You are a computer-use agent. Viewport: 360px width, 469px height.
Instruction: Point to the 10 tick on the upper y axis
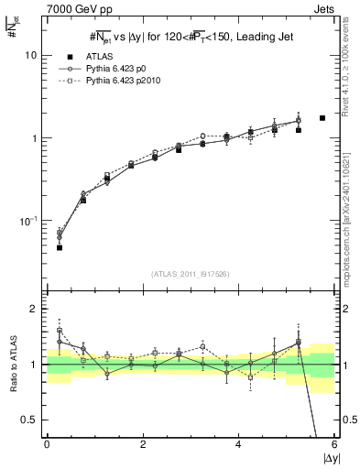point(33,55)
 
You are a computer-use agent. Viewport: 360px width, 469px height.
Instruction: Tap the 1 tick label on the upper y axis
point(36,138)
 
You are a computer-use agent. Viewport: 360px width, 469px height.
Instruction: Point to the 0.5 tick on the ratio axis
point(32,420)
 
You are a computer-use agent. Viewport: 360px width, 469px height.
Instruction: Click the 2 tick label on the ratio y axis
point(36,309)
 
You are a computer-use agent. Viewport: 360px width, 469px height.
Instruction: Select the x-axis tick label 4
point(239,443)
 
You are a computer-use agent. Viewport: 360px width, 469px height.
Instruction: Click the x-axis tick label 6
point(334,443)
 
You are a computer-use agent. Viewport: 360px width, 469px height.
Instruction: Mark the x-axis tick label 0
point(47,443)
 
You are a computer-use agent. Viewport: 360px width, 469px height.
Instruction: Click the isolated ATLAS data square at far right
point(322,118)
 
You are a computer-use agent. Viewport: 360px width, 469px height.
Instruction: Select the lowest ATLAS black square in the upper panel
point(60,247)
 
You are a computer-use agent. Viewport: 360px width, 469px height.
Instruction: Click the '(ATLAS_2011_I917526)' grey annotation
point(190,274)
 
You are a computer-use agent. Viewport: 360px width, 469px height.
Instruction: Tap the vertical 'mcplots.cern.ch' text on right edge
point(351,211)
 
